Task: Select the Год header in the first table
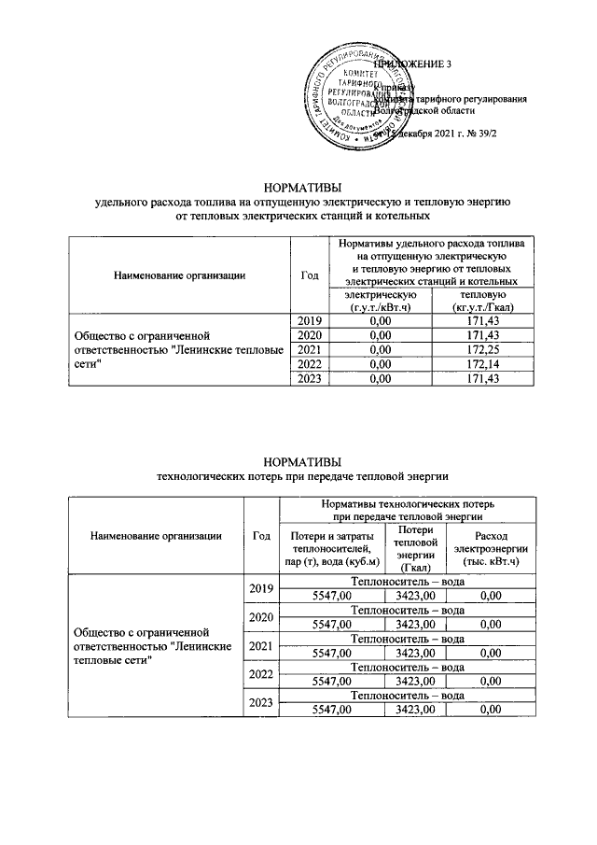(311, 275)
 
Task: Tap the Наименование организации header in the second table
(156, 536)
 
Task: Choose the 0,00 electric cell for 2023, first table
(379, 379)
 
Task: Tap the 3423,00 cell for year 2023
(415, 710)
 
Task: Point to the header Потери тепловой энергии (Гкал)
(415, 549)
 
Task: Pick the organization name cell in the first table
(177, 349)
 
